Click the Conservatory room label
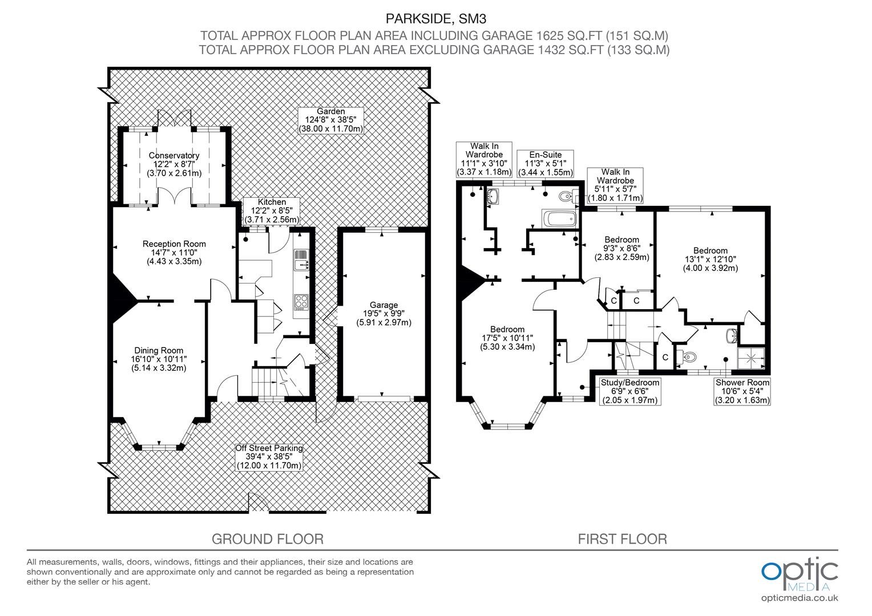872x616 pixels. click(x=174, y=164)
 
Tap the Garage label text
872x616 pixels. click(x=384, y=314)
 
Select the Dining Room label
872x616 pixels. click(x=159, y=359)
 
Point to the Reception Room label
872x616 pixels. click(x=174, y=253)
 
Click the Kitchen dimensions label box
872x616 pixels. click(x=272, y=211)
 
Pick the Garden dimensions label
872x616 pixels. click(x=331, y=120)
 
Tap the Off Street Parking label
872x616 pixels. click(x=269, y=457)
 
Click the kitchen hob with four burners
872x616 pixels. click(x=301, y=302)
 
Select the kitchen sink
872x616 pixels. click(x=301, y=260)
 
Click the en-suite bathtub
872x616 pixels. click(x=560, y=218)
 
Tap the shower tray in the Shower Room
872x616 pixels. click(x=752, y=358)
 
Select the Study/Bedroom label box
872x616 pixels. click(x=630, y=391)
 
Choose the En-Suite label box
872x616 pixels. click(x=546, y=164)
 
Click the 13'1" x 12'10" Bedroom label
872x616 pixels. click(x=710, y=259)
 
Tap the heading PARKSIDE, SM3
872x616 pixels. click(x=436, y=19)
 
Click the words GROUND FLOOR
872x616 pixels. click(x=268, y=539)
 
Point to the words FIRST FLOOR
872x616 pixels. click(x=623, y=539)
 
